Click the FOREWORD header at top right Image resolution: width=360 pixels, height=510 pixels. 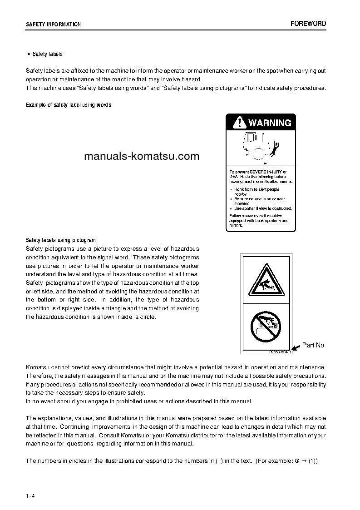pyautogui.click(x=308, y=24)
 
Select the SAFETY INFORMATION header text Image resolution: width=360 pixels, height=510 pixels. pyautogui.click(x=53, y=25)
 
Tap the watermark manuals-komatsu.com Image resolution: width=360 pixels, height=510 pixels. pyautogui.click(x=142, y=157)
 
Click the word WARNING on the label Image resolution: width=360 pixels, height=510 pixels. pyautogui.click(x=270, y=123)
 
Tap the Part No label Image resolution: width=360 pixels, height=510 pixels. pyautogui.click(x=313, y=345)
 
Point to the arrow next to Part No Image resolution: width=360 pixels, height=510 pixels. pyautogui.click(x=296, y=347)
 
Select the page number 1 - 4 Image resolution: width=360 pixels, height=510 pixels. pyautogui.click(x=30, y=495)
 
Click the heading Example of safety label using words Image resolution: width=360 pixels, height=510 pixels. pyautogui.click(x=69, y=105)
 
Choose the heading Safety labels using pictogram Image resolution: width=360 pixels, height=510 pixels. pyautogui.click(x=61, y=240)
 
